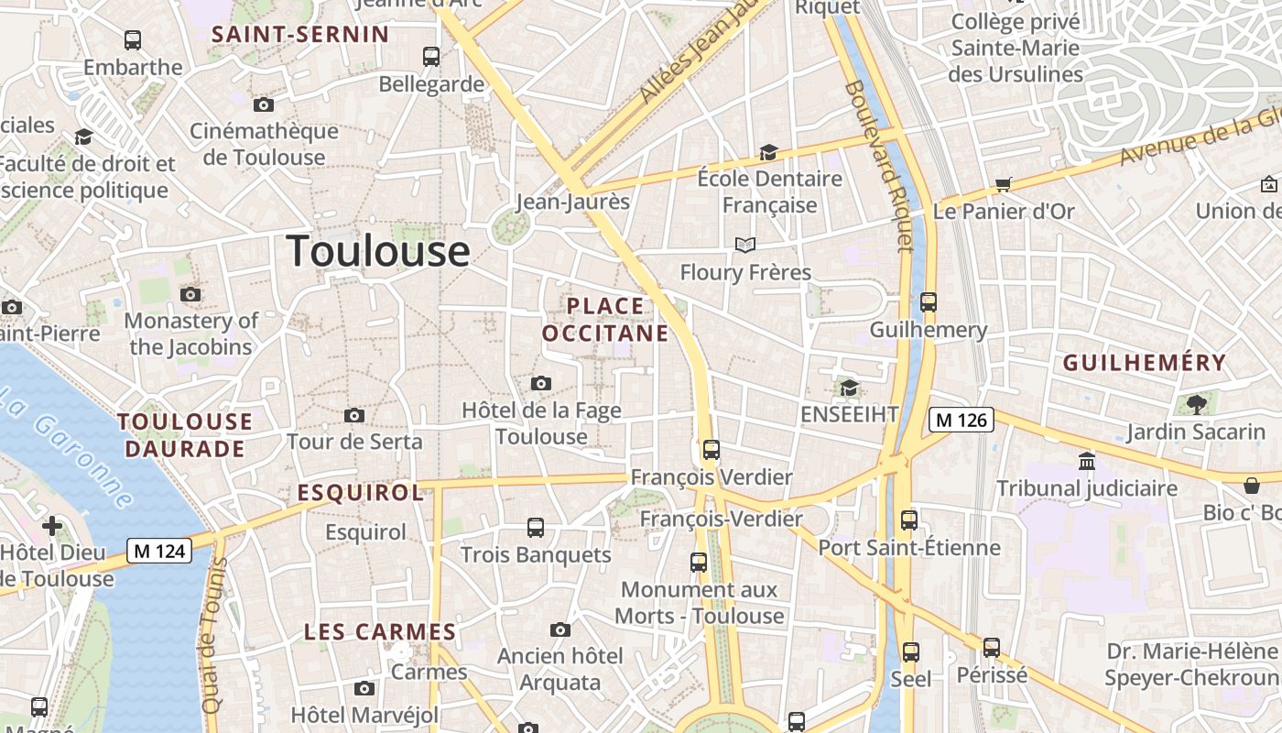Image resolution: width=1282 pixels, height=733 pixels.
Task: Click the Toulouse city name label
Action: tap(378, 251)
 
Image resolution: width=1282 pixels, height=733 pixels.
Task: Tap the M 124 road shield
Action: tap(159, 551)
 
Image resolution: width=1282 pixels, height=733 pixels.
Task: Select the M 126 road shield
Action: tap(961, 420)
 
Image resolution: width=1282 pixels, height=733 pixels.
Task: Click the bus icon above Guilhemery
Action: tap(929, 301)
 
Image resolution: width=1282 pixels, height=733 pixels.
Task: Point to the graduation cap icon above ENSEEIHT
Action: tap(850, 388)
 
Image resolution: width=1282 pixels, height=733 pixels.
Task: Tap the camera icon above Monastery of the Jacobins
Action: tap(190, 294)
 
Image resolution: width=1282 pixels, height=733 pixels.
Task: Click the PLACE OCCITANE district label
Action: tap(605, 319)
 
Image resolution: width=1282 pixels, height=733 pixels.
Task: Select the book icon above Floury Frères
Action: tap(745, 245)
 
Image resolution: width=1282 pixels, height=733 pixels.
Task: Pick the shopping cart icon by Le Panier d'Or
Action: tap(1003, 184)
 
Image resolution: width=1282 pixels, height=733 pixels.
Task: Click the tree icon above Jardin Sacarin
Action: tap(1196, 403)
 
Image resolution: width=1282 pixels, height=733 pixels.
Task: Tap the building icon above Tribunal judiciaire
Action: tap(1087, 460)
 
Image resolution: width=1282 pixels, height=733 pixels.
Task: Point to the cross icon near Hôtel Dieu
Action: tap(52, 526)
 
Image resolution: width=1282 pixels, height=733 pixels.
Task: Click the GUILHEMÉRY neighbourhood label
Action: tap(1144, 363)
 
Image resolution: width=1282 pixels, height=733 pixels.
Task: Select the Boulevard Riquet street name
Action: tap(879, 165)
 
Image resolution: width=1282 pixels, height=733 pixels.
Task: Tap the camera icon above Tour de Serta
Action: tap(354, 415)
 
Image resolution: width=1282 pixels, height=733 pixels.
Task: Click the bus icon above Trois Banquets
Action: tap(536, 528)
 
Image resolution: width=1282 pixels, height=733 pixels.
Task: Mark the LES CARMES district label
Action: tap(380, 631)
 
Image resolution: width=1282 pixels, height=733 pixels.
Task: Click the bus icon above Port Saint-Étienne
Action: tap(909, 520)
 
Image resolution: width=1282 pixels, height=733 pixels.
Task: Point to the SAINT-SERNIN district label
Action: tap(300, 35)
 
